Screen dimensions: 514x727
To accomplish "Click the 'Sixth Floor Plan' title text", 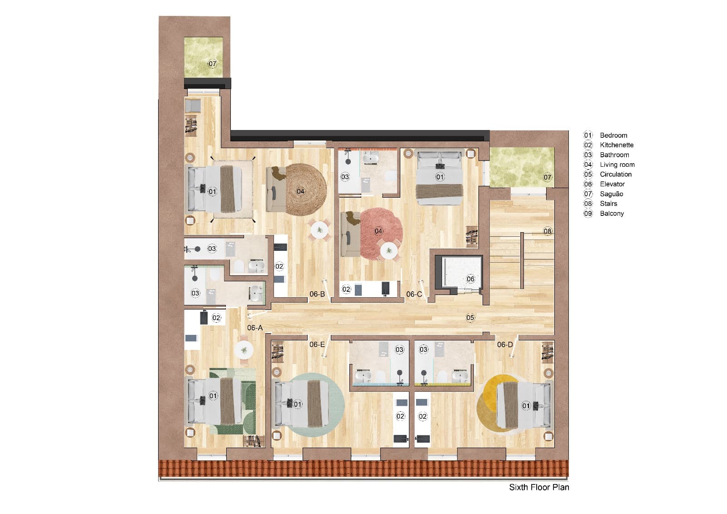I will pos(538,487).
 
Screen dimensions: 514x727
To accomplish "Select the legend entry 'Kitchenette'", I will pos(616,145).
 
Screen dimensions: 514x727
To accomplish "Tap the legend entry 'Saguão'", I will pos(611,194).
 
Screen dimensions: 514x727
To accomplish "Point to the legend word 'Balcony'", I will pos(612,213).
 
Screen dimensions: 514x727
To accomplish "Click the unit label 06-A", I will pos(255,328).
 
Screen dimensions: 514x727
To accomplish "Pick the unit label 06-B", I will pos(317,294).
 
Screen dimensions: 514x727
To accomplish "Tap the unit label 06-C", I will pos(414,294).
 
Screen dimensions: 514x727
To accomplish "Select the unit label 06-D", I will pos(504,344).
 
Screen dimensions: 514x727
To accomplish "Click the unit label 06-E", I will pos(317,344).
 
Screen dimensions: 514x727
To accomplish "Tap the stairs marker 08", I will pos(548,231).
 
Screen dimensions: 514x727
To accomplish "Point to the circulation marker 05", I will pos(470,317).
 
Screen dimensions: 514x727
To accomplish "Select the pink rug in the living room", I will pos(382,223).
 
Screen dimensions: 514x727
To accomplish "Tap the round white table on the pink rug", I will pos(389,250).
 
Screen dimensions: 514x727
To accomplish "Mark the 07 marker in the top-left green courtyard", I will pos(212,64).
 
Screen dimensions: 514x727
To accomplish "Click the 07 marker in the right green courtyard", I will pos(548,177).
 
